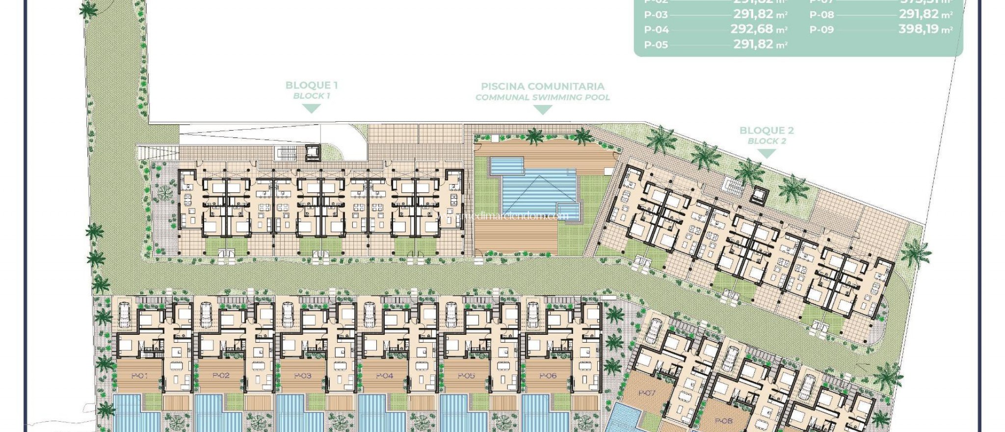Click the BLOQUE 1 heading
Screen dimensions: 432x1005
[311, 85]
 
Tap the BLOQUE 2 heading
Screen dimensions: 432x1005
[767, 131]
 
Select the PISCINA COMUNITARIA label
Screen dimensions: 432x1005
[542, 86]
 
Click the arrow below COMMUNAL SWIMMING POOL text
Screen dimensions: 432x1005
[542, 110]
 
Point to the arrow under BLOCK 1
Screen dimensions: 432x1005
[311, 108]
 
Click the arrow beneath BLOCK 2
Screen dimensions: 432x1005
[766, 153]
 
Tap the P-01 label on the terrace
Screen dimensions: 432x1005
[139, 376]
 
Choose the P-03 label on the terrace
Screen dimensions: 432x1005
[303, 376]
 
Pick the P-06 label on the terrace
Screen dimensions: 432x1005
[548, 376]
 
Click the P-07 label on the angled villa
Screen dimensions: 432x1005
[647, 393]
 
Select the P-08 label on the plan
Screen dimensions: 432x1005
[723, 421]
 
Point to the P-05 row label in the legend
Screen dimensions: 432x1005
[656, 45]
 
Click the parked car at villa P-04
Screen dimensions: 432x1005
[369, 313]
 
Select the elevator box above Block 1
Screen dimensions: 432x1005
[312, 153]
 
